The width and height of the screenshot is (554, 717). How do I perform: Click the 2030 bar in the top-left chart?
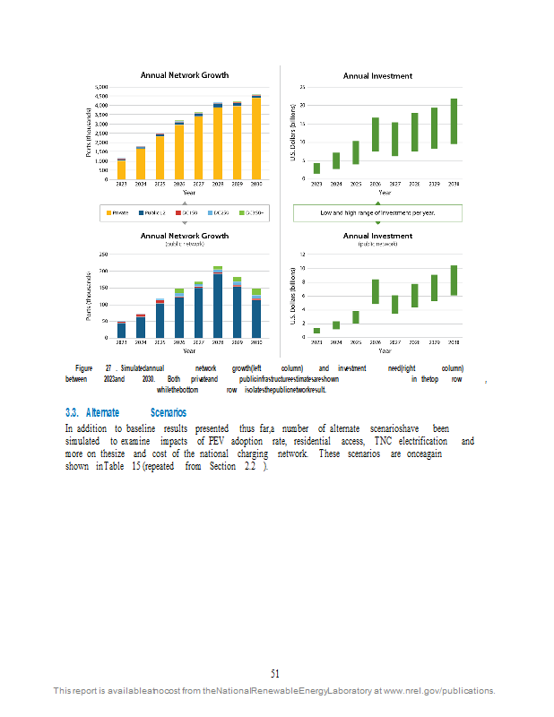tap(256, 137)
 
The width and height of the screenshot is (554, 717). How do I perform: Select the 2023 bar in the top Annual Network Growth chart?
tap(121, 169)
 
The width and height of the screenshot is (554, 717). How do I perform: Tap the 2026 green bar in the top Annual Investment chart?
tap(375, 134)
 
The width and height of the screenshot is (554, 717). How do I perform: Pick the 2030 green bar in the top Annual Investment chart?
tap(454, 121)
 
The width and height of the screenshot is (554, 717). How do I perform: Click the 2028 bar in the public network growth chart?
tap(218, 305)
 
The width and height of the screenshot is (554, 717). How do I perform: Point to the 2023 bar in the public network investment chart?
tap(316, 331)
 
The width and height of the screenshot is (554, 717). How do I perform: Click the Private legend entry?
tap(120, 213)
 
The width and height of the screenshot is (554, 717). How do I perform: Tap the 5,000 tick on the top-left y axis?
tap(101, 87)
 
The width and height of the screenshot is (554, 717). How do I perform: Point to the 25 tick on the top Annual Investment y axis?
tap(303, 87)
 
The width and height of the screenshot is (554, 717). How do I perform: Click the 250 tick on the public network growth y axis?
tap(102, 255)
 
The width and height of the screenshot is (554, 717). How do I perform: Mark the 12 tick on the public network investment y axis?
tap(303, 255)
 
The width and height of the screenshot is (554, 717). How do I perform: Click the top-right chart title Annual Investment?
tap(377, 76)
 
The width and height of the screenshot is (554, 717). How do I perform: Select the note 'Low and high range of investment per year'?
tap(377, 213)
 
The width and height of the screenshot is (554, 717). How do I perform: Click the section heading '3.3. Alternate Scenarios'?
tap(126, 413)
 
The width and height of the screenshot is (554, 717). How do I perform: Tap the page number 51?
tap(276, 673)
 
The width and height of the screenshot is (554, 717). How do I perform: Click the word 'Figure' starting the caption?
tap(83, 368)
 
